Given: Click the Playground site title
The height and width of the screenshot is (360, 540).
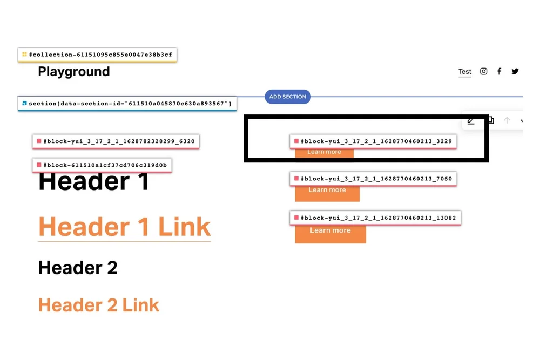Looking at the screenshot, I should click(74, 72).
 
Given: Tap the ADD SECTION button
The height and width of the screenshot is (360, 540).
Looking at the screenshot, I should click(288, 97).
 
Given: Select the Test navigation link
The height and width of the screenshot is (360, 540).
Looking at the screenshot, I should click(465, 72).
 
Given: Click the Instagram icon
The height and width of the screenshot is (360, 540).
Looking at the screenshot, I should click(484, 71).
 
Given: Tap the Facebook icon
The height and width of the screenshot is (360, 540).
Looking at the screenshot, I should click(500, 71).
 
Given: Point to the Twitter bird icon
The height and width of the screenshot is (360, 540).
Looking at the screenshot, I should click(515, 71).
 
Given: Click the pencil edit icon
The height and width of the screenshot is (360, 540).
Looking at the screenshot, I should click(471, 121).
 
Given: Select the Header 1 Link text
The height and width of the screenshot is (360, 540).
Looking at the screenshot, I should click(124, 227).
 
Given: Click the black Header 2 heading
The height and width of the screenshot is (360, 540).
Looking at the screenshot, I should click(78, 268).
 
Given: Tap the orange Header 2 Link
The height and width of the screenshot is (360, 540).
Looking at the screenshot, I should click(99, 305).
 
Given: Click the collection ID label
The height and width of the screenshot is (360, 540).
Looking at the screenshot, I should click(100, 55).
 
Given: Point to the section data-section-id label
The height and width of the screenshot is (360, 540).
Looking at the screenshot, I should click(130, 103).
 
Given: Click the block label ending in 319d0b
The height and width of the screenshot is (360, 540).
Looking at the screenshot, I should click(105, 165).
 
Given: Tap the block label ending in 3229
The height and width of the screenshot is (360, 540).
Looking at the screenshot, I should click(376, 141).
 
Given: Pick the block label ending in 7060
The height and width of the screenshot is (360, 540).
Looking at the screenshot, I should click(376, 179).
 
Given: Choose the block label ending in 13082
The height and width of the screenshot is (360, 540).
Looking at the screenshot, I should click(378, 218).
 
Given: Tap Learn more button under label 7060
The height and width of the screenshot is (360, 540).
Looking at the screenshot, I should click(327, 193).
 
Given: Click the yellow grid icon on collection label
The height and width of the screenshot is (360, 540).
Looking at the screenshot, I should click(24, 55).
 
